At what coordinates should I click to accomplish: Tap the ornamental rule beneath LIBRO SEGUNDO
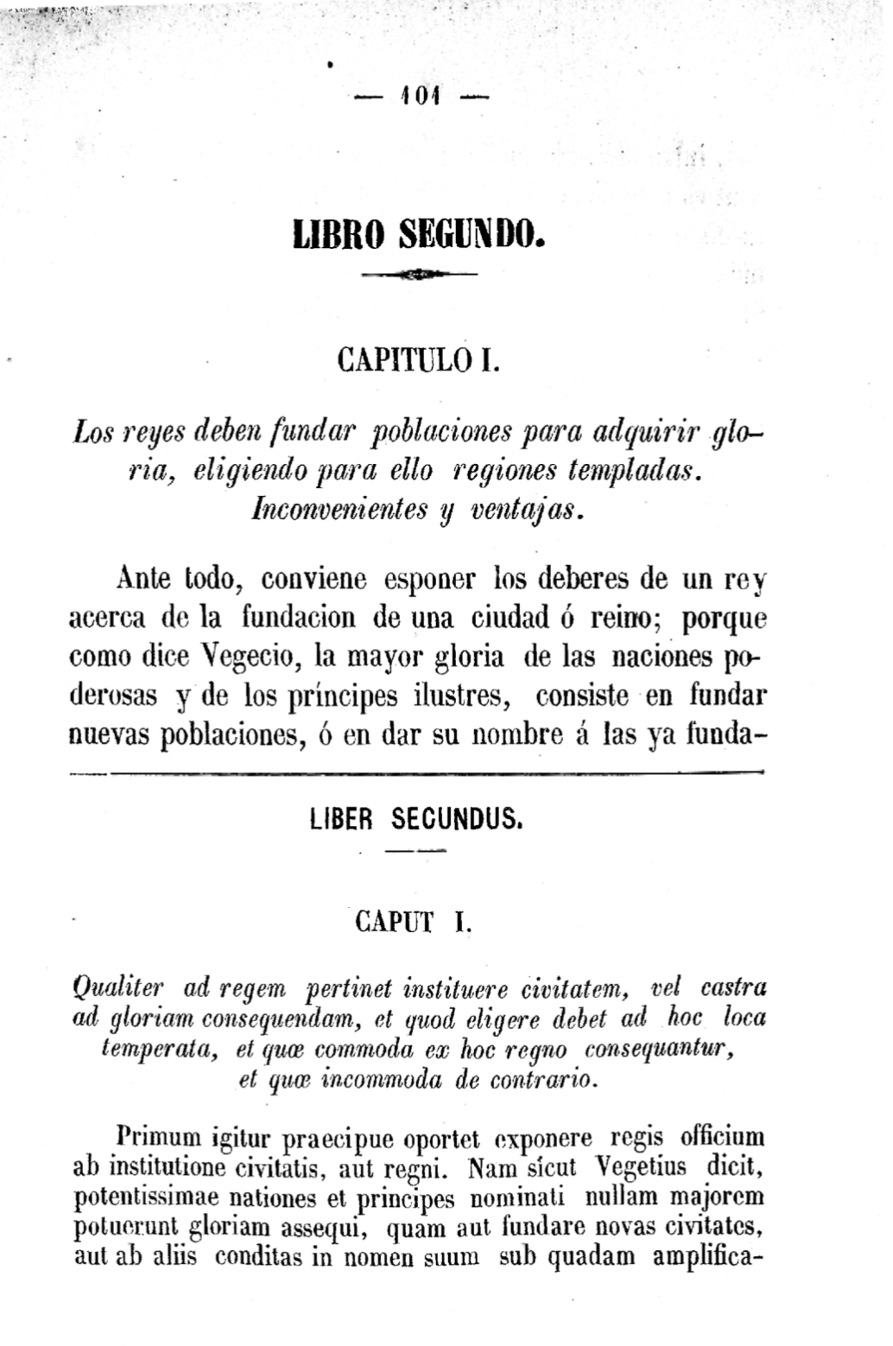pyautogui.click(x=420, y=275)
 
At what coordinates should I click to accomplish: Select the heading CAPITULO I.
pyautogui.click(x=421, y=357)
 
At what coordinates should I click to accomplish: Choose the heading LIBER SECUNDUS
pyautogui.click(x=415, y=818)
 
